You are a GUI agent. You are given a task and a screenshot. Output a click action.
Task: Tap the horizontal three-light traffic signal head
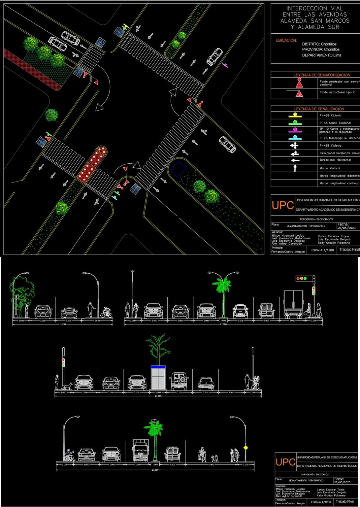[x=301, y=279]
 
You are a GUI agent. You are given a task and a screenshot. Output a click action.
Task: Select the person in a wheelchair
[x=70, y=456]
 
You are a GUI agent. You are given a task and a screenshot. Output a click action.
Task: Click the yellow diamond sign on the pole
[x=245, y=448]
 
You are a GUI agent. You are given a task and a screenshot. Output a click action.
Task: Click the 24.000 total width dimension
[x=158, y=396]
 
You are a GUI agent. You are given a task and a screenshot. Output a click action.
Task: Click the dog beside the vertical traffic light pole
[x=69, y=386]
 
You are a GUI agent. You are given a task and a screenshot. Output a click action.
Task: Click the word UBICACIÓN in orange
[x=286, y=41]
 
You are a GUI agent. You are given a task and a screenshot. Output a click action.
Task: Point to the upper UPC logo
[x=283, y=205]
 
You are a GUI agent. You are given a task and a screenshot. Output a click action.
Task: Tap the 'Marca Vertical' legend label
[x=330, y=168]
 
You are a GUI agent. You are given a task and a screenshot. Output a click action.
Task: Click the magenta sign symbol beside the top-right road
[x=225, y=65]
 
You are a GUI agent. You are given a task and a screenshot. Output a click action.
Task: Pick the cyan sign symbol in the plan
[x=115, y=197]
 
